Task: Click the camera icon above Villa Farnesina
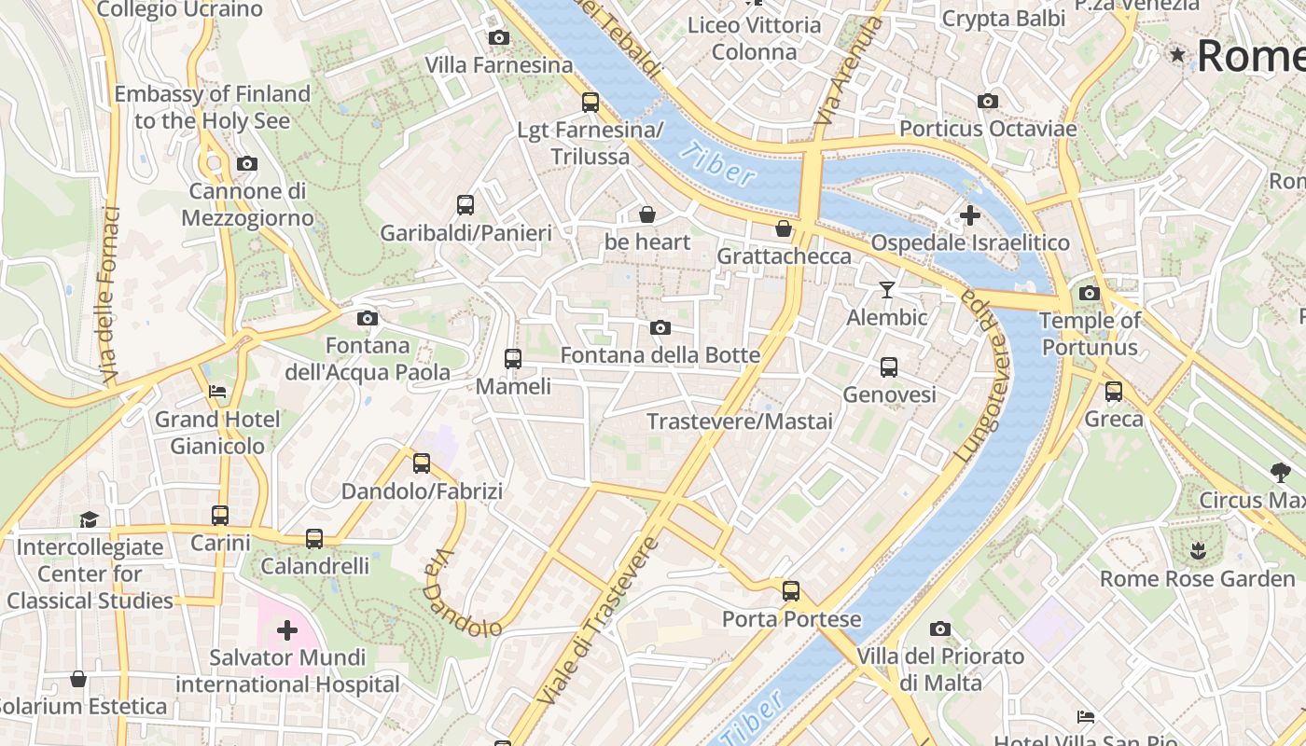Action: pyautogui.click(x=499, y=38)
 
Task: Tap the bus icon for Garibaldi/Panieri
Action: pyautogui.click(x=465, y=205)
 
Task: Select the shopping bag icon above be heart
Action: pyautogui.click(x=647, y=215)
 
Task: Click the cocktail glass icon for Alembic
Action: pyautogui.click(x=887, y=290)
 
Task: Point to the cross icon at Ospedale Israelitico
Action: pyautogui.click(x=970, y=215)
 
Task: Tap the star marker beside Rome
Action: pyautogui.click(x=1178, y=55)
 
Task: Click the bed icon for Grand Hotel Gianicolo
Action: pyautogui.click(x=217, y=392)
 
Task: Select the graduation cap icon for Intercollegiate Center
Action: pyautogui.click(x=89, y=519)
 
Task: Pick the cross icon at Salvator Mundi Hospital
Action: pyautogui.click(x=287, y=631)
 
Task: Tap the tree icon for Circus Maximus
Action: pyautogui.click(x=1280, y=473)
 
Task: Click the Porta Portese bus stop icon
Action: pyautogui.click(x=791, y=591)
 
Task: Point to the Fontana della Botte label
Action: pyautogui.click(x=660, y=355)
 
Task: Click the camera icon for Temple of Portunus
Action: pyautogui.click(x=1089, y=294)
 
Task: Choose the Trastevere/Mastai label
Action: pyautogui.click(x=740, y=421)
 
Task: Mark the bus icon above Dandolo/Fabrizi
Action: pyautogui.click(x=422, y=463)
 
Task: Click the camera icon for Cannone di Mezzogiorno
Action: pyautogui.click(x=246, y=164)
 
